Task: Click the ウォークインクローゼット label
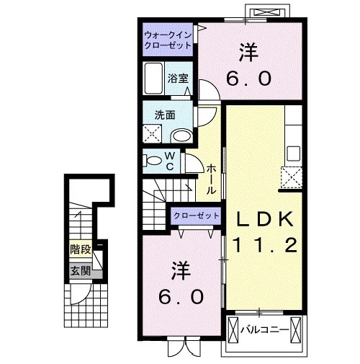(167, 40)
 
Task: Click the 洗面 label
(163, 114)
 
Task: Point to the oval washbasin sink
(183, 135)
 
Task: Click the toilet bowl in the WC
(153, 160)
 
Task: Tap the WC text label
(170, 160)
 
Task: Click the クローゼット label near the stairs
(195, 216)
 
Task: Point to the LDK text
(263, 218)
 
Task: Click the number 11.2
(263, 246)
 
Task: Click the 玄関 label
(80, 271)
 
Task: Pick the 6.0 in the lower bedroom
(181, 296)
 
